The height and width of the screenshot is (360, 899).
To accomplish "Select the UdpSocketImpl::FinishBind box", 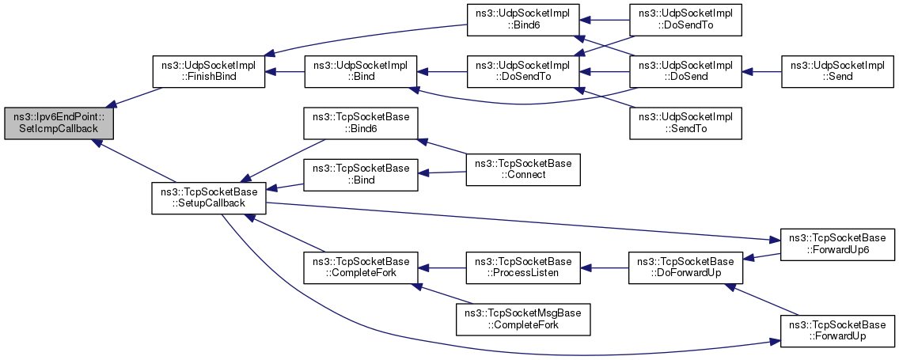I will [208, 71].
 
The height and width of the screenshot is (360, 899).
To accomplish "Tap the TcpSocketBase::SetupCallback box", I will [208, 197].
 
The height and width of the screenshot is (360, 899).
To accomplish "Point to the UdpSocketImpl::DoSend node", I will [685, 71].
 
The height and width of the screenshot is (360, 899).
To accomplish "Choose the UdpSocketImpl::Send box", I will [837, 71].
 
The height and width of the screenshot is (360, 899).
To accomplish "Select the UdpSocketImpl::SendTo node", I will [685, 122].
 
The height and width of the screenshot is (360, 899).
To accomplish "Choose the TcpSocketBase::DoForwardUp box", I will [685, 267].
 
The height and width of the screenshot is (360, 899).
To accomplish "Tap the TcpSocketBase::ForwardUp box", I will [837, 330].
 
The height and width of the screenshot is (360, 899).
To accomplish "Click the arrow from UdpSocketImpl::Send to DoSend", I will [761, 71].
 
